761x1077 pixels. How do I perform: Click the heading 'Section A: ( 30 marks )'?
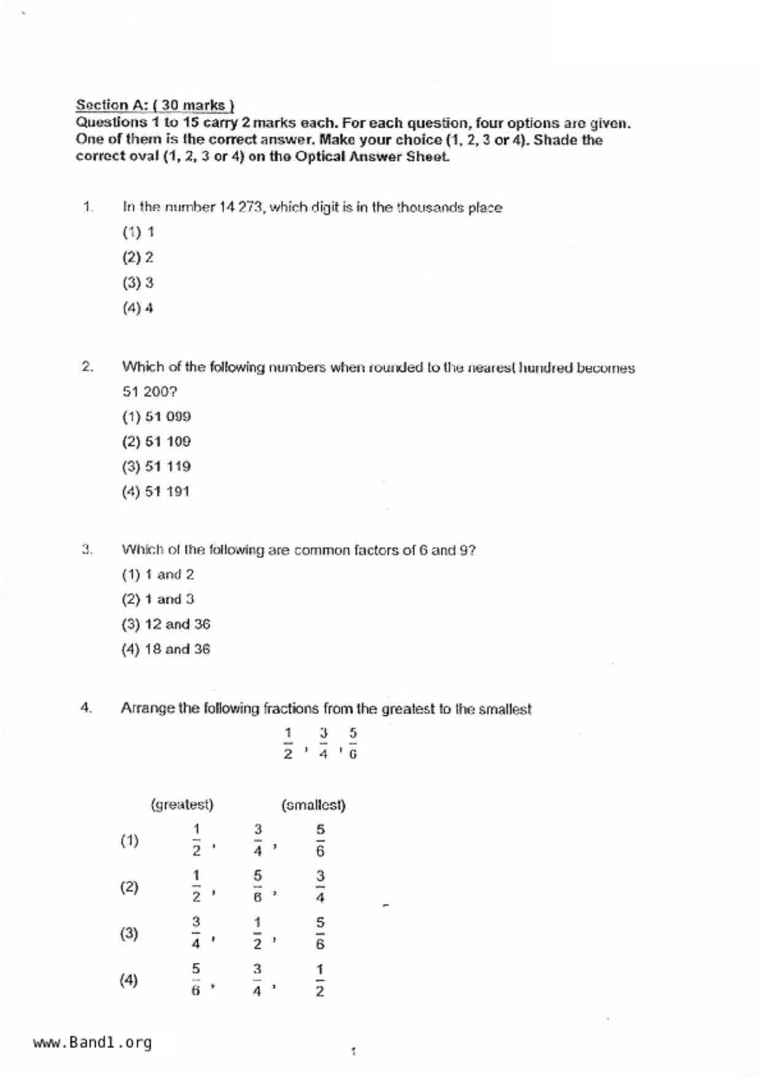pyautogui.click(x=155, y=105)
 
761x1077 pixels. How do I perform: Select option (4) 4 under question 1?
pyautogui.click(x=138, y=308)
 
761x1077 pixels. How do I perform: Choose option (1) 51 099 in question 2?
pyautogui.click(x=157, y=417)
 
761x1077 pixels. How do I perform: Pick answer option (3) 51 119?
pyautogui.click(x=157, y=467)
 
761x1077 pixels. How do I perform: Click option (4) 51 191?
pyautogui.click(x=156, y=492)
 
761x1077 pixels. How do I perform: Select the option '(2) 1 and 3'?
pyautogui.click(x=158, y=599)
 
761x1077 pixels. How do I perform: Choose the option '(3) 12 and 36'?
pyautogui.click(x=166, y=624)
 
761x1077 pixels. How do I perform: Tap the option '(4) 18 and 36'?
pyautogui.click(x=166, y=650)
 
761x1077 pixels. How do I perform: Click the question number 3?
pyautogui.click(x=87, y=550)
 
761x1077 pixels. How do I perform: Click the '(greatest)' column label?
pyautogui.click(x=182, y=804)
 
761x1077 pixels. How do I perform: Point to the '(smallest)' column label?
pyautogui.click(x=313, y=805)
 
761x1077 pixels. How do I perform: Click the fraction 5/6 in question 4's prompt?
pyautogui.click(x=353, y=743)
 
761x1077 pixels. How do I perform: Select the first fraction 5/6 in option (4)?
pyautogui.click(x=195, y=979)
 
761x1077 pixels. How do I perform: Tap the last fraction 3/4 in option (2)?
pyautogui.click(x=320, y=887)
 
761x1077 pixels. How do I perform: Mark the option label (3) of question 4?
pyautogui.click(x=129, y=933)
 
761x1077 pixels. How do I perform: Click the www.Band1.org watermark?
pyautogui.click(x=93, y=1043)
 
